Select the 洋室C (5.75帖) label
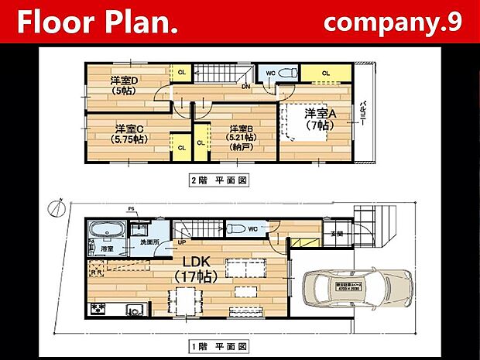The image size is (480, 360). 129,133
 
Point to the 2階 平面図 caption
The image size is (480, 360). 219,180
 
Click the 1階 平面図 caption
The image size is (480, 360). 219,345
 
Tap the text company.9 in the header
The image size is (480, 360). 393,22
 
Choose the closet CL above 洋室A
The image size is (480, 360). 325,74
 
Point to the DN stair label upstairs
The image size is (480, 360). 245,87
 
